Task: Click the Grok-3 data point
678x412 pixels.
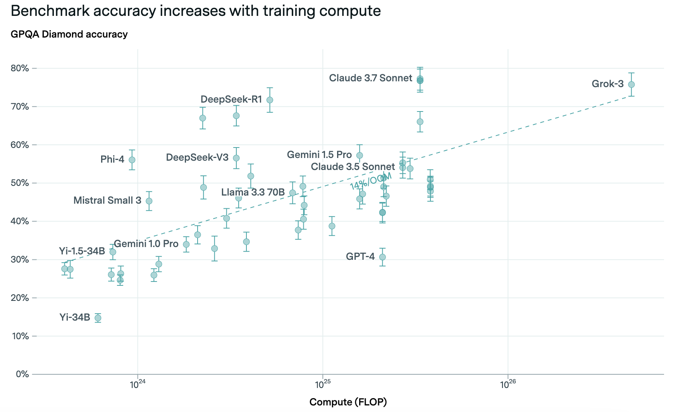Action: coord(631,84)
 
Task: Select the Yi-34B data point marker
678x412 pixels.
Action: coord(98,318)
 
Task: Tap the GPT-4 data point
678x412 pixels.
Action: coord(382,257)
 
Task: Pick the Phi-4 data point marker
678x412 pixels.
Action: coord(132,160)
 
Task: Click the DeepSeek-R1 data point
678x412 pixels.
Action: coord(270,100)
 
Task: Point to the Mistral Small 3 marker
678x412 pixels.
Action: coord(149,201)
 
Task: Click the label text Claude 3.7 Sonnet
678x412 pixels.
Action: coord(370,78)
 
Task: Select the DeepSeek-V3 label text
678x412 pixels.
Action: coord(197,158)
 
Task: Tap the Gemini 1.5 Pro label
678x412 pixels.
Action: coord(319,155)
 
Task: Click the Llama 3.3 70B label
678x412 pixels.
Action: coord(253,192)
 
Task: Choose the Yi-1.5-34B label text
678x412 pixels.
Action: coord(82,251)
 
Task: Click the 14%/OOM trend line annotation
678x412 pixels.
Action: coord(371,181)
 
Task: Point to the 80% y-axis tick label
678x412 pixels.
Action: coord(20,69)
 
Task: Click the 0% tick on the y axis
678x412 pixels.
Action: coord(22,374)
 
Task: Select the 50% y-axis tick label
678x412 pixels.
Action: coord(20,183)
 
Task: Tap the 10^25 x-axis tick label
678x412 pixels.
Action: coord(322,385)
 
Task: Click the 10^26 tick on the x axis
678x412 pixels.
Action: coord(508,385)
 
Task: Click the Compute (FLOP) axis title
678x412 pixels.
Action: coord(348,402)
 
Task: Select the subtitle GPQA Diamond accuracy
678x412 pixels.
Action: coord(69,34)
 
